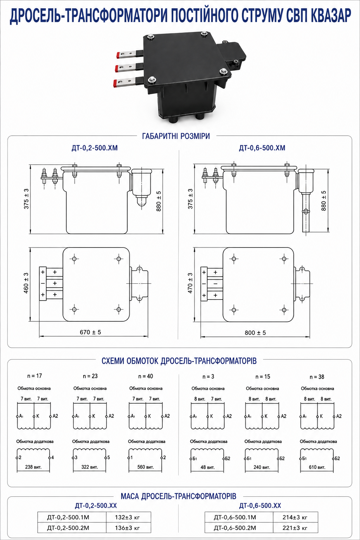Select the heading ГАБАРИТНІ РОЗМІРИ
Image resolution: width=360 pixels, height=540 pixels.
tap(176, 136)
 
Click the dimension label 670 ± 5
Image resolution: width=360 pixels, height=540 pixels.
tap(90, 332)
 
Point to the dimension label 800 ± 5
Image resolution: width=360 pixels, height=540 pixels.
tap(255, 333)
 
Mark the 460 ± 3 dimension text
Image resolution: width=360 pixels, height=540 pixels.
tap(26, 283)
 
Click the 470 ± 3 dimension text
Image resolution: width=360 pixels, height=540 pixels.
tap(190, 283)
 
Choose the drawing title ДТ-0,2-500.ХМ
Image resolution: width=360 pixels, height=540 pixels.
tap(95, 148)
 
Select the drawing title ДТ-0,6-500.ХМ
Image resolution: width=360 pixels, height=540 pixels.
tap(262, 148)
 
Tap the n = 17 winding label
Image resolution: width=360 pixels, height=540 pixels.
tap(34, 376)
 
